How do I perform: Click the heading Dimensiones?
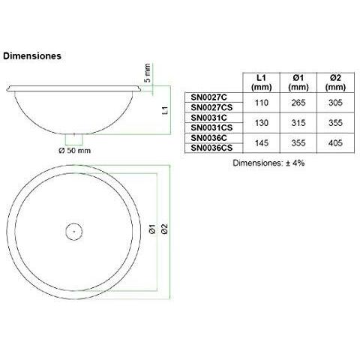[x=32, y=55]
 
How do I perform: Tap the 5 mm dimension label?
[x=148, y=72]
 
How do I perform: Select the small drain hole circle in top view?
[x=73, y=231]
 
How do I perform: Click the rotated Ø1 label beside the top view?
[x=152, y=231]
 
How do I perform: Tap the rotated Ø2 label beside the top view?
[x=163, y=231]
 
